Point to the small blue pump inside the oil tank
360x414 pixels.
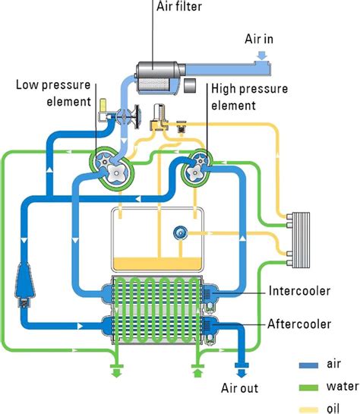pos(181,232)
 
